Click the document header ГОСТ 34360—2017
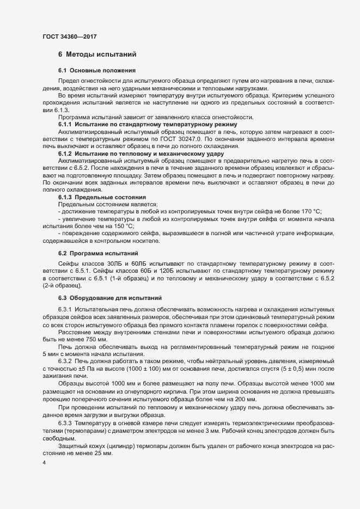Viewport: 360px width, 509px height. (70, 37)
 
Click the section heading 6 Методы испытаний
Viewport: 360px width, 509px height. (97, 54)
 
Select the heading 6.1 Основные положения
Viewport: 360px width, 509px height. (93, 71)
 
